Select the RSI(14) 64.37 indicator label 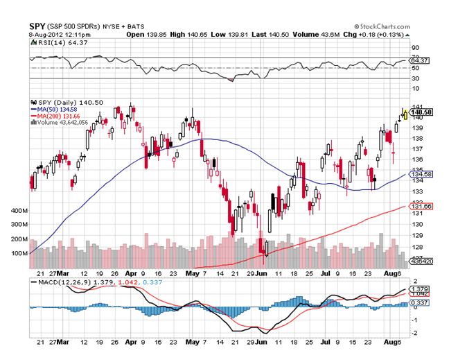pos(50,42)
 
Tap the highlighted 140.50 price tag pos(421,112)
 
